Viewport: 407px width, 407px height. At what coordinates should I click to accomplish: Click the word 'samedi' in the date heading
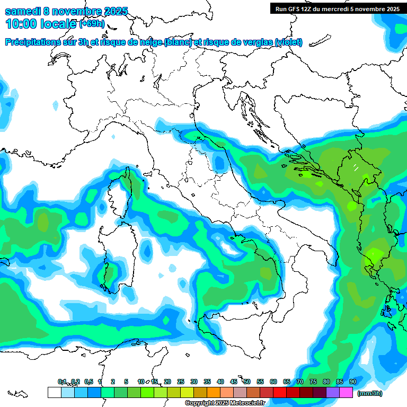coord(22,11)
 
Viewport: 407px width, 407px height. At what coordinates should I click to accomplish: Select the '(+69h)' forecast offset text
coord(92,24)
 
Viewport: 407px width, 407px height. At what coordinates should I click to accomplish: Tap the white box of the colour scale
coord(54,392)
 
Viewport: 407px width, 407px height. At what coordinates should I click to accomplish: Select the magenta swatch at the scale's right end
coord(346,392)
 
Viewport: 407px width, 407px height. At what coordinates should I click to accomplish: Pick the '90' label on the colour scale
coord(352,382)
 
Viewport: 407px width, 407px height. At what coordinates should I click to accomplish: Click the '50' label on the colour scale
coord(246,382)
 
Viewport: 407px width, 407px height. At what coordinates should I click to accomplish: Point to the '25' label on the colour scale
coord(180,382)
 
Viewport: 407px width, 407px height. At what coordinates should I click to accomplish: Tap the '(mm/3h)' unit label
coord(369,393)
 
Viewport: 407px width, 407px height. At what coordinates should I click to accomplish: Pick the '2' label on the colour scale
coord(113,382)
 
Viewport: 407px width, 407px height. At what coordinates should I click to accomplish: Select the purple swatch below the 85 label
coord(333,392)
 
